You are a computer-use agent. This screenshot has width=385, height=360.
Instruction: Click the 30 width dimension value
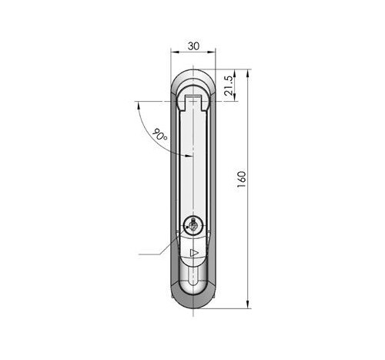pos(193,46)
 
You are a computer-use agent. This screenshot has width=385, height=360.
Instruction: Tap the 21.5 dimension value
pos(229,86)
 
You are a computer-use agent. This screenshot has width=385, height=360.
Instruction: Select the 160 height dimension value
pos(242,179)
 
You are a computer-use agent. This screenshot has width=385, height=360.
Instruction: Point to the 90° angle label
pos(159,134)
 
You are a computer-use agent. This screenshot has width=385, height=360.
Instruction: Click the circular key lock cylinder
pos(193,226)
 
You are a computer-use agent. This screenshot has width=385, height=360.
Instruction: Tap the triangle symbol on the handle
pos(194,253)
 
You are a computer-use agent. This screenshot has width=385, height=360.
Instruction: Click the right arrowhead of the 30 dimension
pos(212,52)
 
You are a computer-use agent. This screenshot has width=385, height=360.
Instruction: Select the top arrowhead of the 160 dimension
pos(248,73)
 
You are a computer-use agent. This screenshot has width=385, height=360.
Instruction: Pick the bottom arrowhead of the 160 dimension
pos(248,304)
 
